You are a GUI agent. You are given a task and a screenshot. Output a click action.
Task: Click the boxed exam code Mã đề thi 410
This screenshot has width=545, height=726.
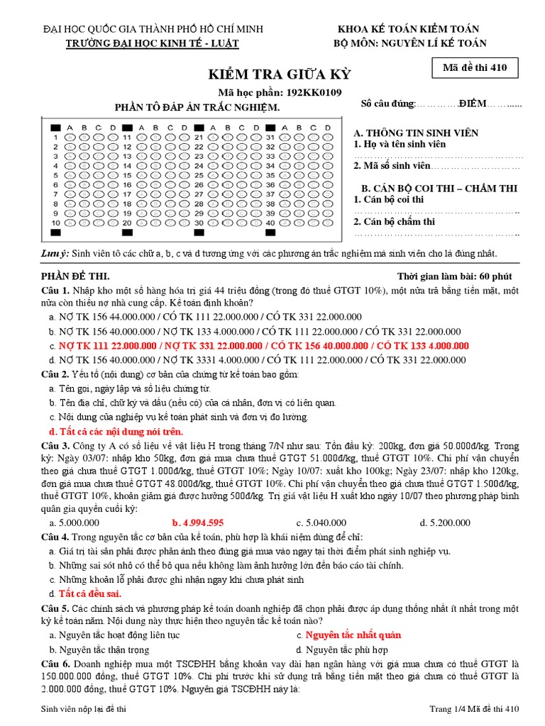pos(475,68)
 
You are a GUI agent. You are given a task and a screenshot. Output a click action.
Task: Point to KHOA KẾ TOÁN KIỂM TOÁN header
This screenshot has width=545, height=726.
pos(408,29)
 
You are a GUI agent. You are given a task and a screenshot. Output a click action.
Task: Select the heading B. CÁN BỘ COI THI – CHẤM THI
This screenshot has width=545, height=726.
pos(439,188)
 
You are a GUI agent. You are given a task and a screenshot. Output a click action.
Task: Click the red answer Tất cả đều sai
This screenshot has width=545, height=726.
pos(90,593)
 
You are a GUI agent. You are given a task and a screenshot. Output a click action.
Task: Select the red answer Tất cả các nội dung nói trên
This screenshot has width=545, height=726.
pos(116,431)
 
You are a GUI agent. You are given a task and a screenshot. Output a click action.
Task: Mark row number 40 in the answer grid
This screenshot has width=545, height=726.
pos(270,223)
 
